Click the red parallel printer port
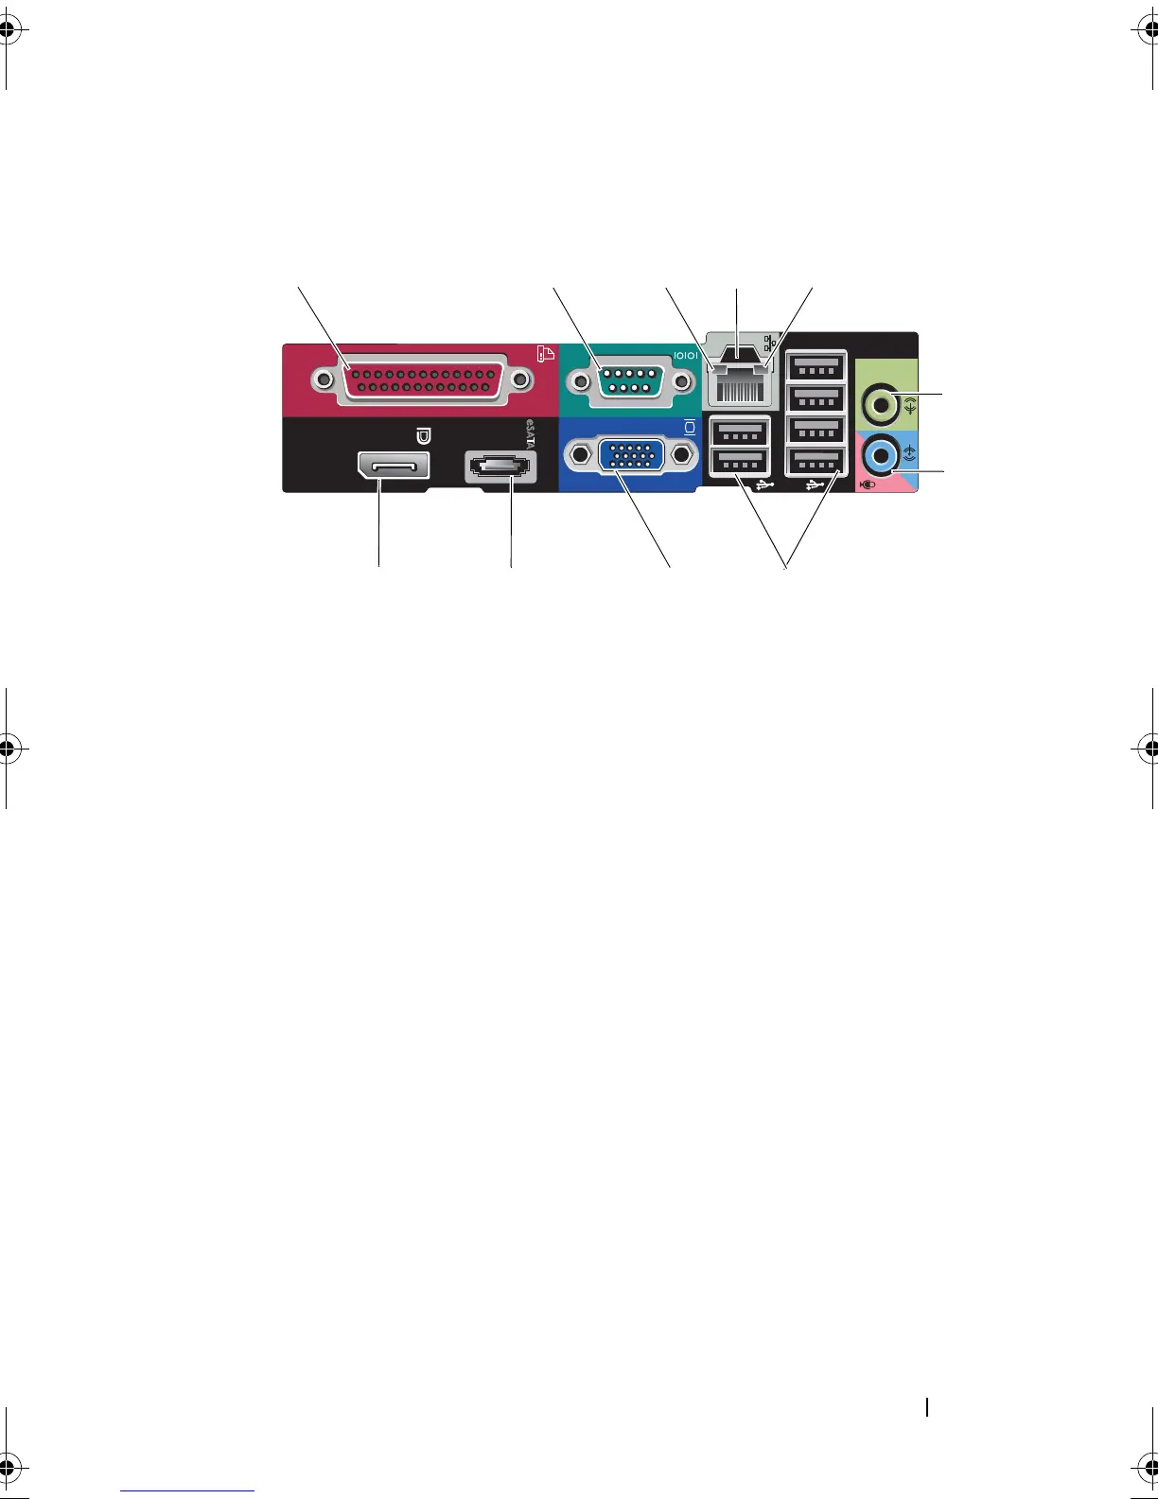tap(422, 380)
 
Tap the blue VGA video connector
tap(632, 456)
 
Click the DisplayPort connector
tap(393, 466)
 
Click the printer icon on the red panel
tap(546, 355)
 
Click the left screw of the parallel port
tap(325, 380)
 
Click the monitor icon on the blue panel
tap(690, 427)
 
